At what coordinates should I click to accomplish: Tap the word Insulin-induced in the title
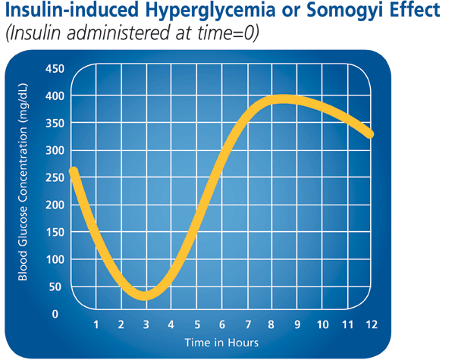point(73,14)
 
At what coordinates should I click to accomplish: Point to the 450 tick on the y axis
point(55,69)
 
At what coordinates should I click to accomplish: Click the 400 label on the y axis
point(55,96)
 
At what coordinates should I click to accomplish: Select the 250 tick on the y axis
point(55,178)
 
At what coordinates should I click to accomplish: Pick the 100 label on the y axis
point(55,260)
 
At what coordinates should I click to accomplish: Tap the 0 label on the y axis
point(55,314)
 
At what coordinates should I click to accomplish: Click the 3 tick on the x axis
point(146,325)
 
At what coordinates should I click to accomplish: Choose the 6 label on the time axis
point(221,325)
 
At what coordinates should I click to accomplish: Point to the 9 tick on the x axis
point(297,325)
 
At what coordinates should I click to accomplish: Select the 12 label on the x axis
point(370,325)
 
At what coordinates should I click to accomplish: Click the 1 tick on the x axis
point(96,325)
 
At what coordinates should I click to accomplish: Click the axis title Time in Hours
point(221,343)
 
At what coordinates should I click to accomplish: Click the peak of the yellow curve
point(284,100)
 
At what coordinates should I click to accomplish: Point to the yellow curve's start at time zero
point(74,171)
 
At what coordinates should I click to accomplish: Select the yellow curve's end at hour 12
point(369,134)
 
